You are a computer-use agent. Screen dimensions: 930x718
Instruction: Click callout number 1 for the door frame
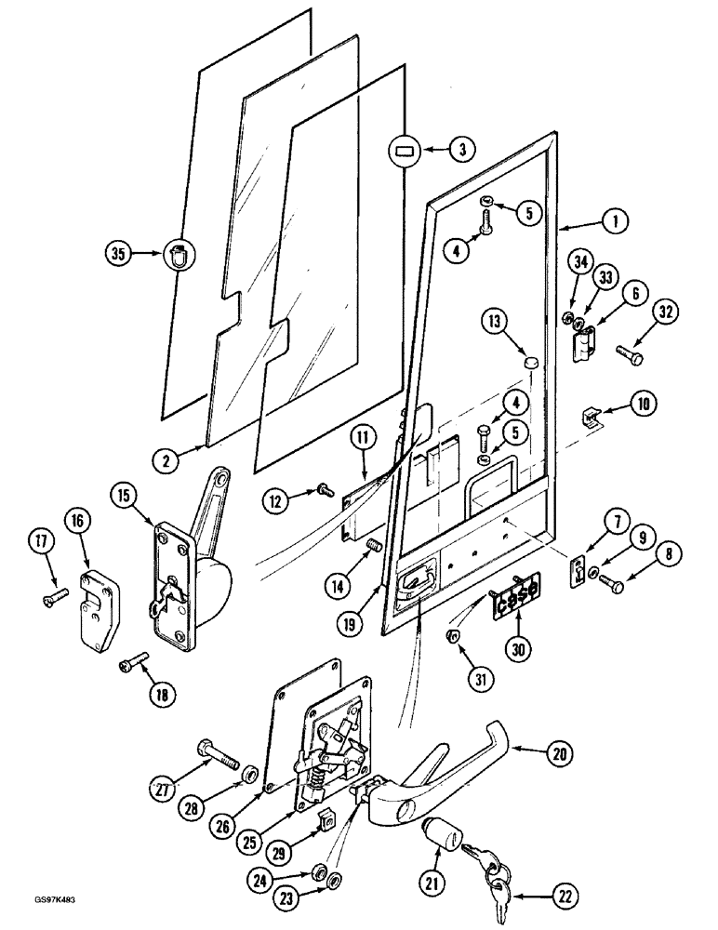pyautogui.click(x=615, y=222)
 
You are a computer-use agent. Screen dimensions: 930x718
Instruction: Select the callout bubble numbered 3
pyautogui.click(x=462, y=148)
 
